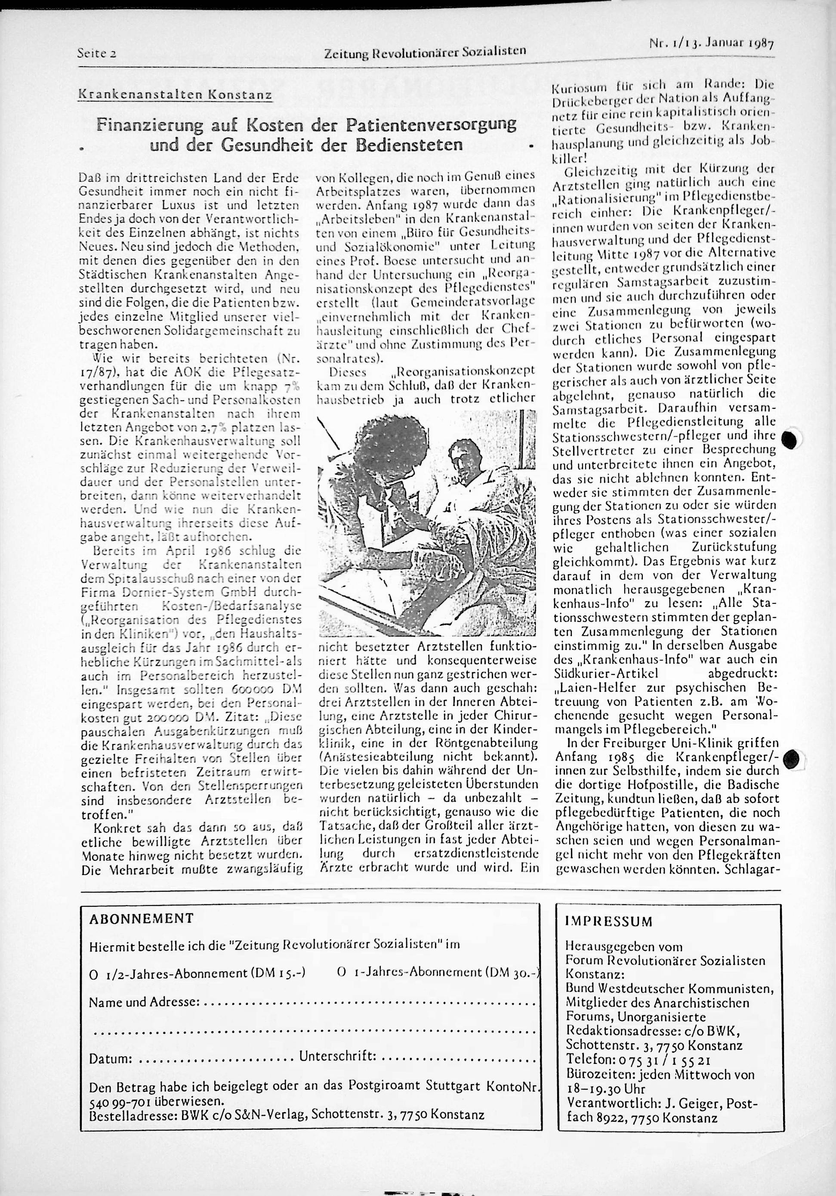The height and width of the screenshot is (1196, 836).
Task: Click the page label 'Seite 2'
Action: (x=96, y=53)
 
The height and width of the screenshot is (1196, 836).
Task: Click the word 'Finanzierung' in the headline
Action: (x=144, y=126)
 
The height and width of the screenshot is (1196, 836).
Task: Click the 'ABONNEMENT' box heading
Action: (x=141, y=918)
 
